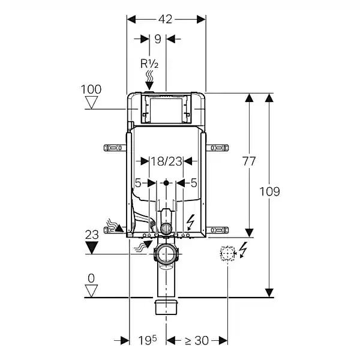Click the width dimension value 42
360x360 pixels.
165,19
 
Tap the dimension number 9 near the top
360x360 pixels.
157,39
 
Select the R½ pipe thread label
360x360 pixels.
149,64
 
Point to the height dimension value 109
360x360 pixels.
269,191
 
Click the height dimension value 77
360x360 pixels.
249,161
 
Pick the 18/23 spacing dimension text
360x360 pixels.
166,161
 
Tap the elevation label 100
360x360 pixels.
91,89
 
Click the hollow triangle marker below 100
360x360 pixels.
91,103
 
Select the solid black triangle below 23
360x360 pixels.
92,247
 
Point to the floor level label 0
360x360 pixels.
91,278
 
